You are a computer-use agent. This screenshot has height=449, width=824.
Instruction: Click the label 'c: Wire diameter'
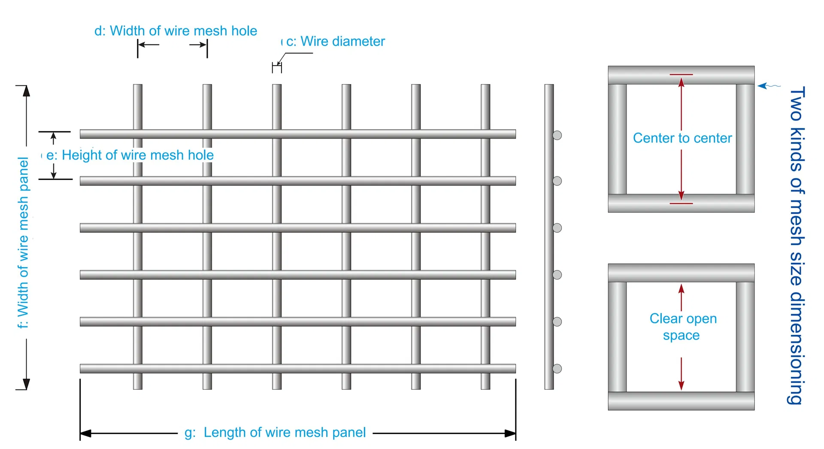click(336, 41)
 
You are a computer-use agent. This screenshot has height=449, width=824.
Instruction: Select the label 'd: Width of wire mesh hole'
click(176, 31)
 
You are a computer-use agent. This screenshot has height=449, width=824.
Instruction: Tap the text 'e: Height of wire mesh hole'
click(130, 155)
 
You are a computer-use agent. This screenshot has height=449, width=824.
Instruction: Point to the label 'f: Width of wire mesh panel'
click(23, 243)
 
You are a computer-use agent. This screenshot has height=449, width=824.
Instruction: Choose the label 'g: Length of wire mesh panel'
click(275, 432)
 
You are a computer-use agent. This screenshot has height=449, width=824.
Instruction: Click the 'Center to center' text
click(682, 138)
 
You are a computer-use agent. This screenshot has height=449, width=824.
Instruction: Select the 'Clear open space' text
click(683, 327)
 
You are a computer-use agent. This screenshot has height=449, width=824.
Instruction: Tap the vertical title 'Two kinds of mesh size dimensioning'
click(797, 245)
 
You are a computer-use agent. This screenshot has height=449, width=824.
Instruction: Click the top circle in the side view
click(557, 135)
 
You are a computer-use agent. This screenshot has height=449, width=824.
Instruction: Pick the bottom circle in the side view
click(557, 368)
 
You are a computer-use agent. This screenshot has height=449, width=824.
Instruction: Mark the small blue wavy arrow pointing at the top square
click(769, 86)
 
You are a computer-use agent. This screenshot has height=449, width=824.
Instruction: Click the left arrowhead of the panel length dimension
click(85, 434)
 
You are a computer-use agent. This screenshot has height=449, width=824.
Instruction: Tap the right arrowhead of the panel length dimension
click(510, 434)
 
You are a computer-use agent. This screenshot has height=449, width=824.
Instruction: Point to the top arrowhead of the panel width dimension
click(26, 91)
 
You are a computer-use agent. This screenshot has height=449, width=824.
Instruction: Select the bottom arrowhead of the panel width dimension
click(26, 384)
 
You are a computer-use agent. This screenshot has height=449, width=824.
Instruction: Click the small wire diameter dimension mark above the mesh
click(277, 67)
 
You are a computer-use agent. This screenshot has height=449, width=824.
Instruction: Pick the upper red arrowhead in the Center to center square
click(681, 82)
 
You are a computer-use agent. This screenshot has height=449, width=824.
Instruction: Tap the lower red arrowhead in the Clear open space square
click(681, 385)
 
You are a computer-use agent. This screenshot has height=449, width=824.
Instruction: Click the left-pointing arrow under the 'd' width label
click(148, 44)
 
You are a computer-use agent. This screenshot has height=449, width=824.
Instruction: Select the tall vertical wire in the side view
click(549, 237)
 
